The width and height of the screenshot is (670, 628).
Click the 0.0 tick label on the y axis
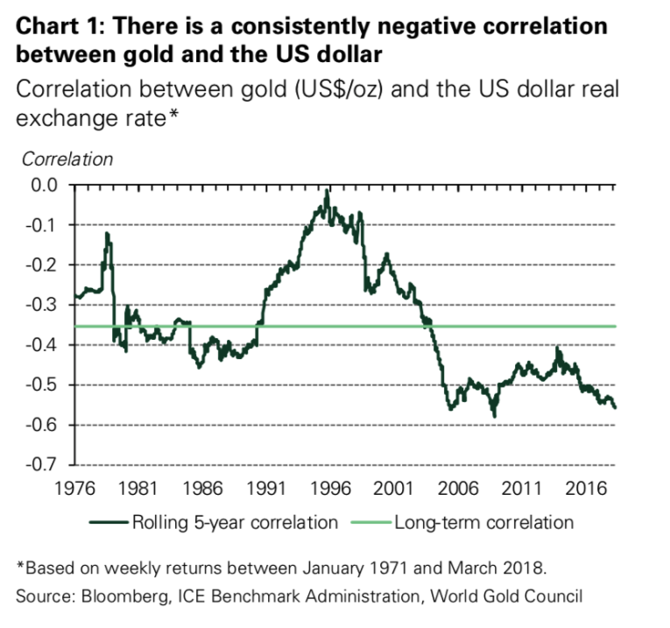pos(42,186)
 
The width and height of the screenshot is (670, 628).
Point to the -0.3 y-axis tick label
pos(39,305)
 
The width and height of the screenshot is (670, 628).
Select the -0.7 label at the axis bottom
pos(39,464)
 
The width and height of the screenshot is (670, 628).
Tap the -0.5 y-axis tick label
pos(39,385)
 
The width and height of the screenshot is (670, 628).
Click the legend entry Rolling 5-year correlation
pos(234,523)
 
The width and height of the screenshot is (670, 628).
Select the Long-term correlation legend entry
pos(483,523)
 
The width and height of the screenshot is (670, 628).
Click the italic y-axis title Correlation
pos(67,159)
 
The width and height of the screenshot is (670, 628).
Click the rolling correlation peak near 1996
pos(327,191)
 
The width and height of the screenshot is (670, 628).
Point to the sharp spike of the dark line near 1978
pos(106,234)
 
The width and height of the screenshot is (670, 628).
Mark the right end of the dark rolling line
pos(615,407)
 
